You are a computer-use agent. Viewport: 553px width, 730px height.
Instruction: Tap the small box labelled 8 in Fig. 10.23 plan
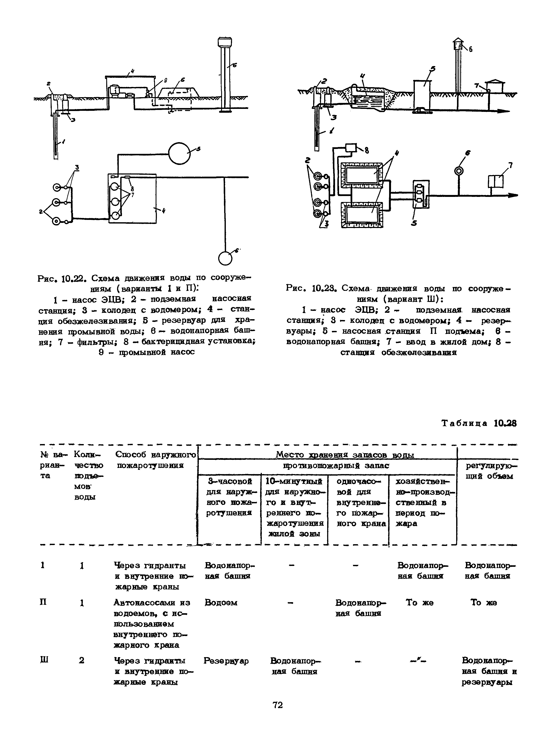pyautogui.click(x=351, y=147)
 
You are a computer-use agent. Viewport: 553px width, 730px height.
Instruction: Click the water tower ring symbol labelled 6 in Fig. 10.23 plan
pyautogui.click(x=459, y=171)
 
